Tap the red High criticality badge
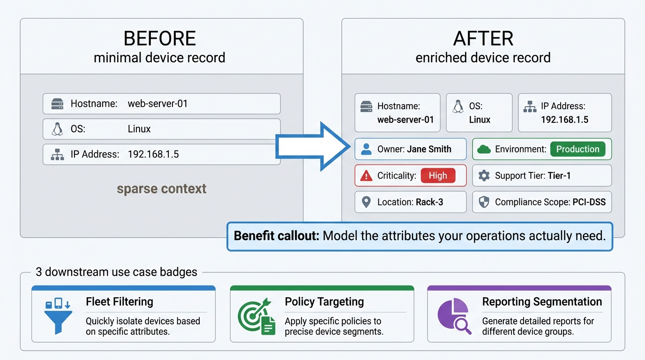click(x=438, y=176)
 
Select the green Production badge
click(x=577, y=149)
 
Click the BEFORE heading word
click(x=159, y=38)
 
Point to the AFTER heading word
click(x=483, y=38)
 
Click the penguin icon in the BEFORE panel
click(x=57, y=129)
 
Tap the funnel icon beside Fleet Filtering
click(x=58, y=316)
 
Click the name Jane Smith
click(x=429, y=149)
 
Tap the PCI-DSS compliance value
click(x=589, y=202)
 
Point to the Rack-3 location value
click(x=429, y=202)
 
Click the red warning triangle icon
click(x=366, y=176)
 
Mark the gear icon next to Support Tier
click(x=484, y=176)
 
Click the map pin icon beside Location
click(x=366, y=202)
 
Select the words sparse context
click(x=161, y=188)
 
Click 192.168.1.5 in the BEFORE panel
click(x=153, y=154)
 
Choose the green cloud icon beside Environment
click(x=484, y=149)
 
